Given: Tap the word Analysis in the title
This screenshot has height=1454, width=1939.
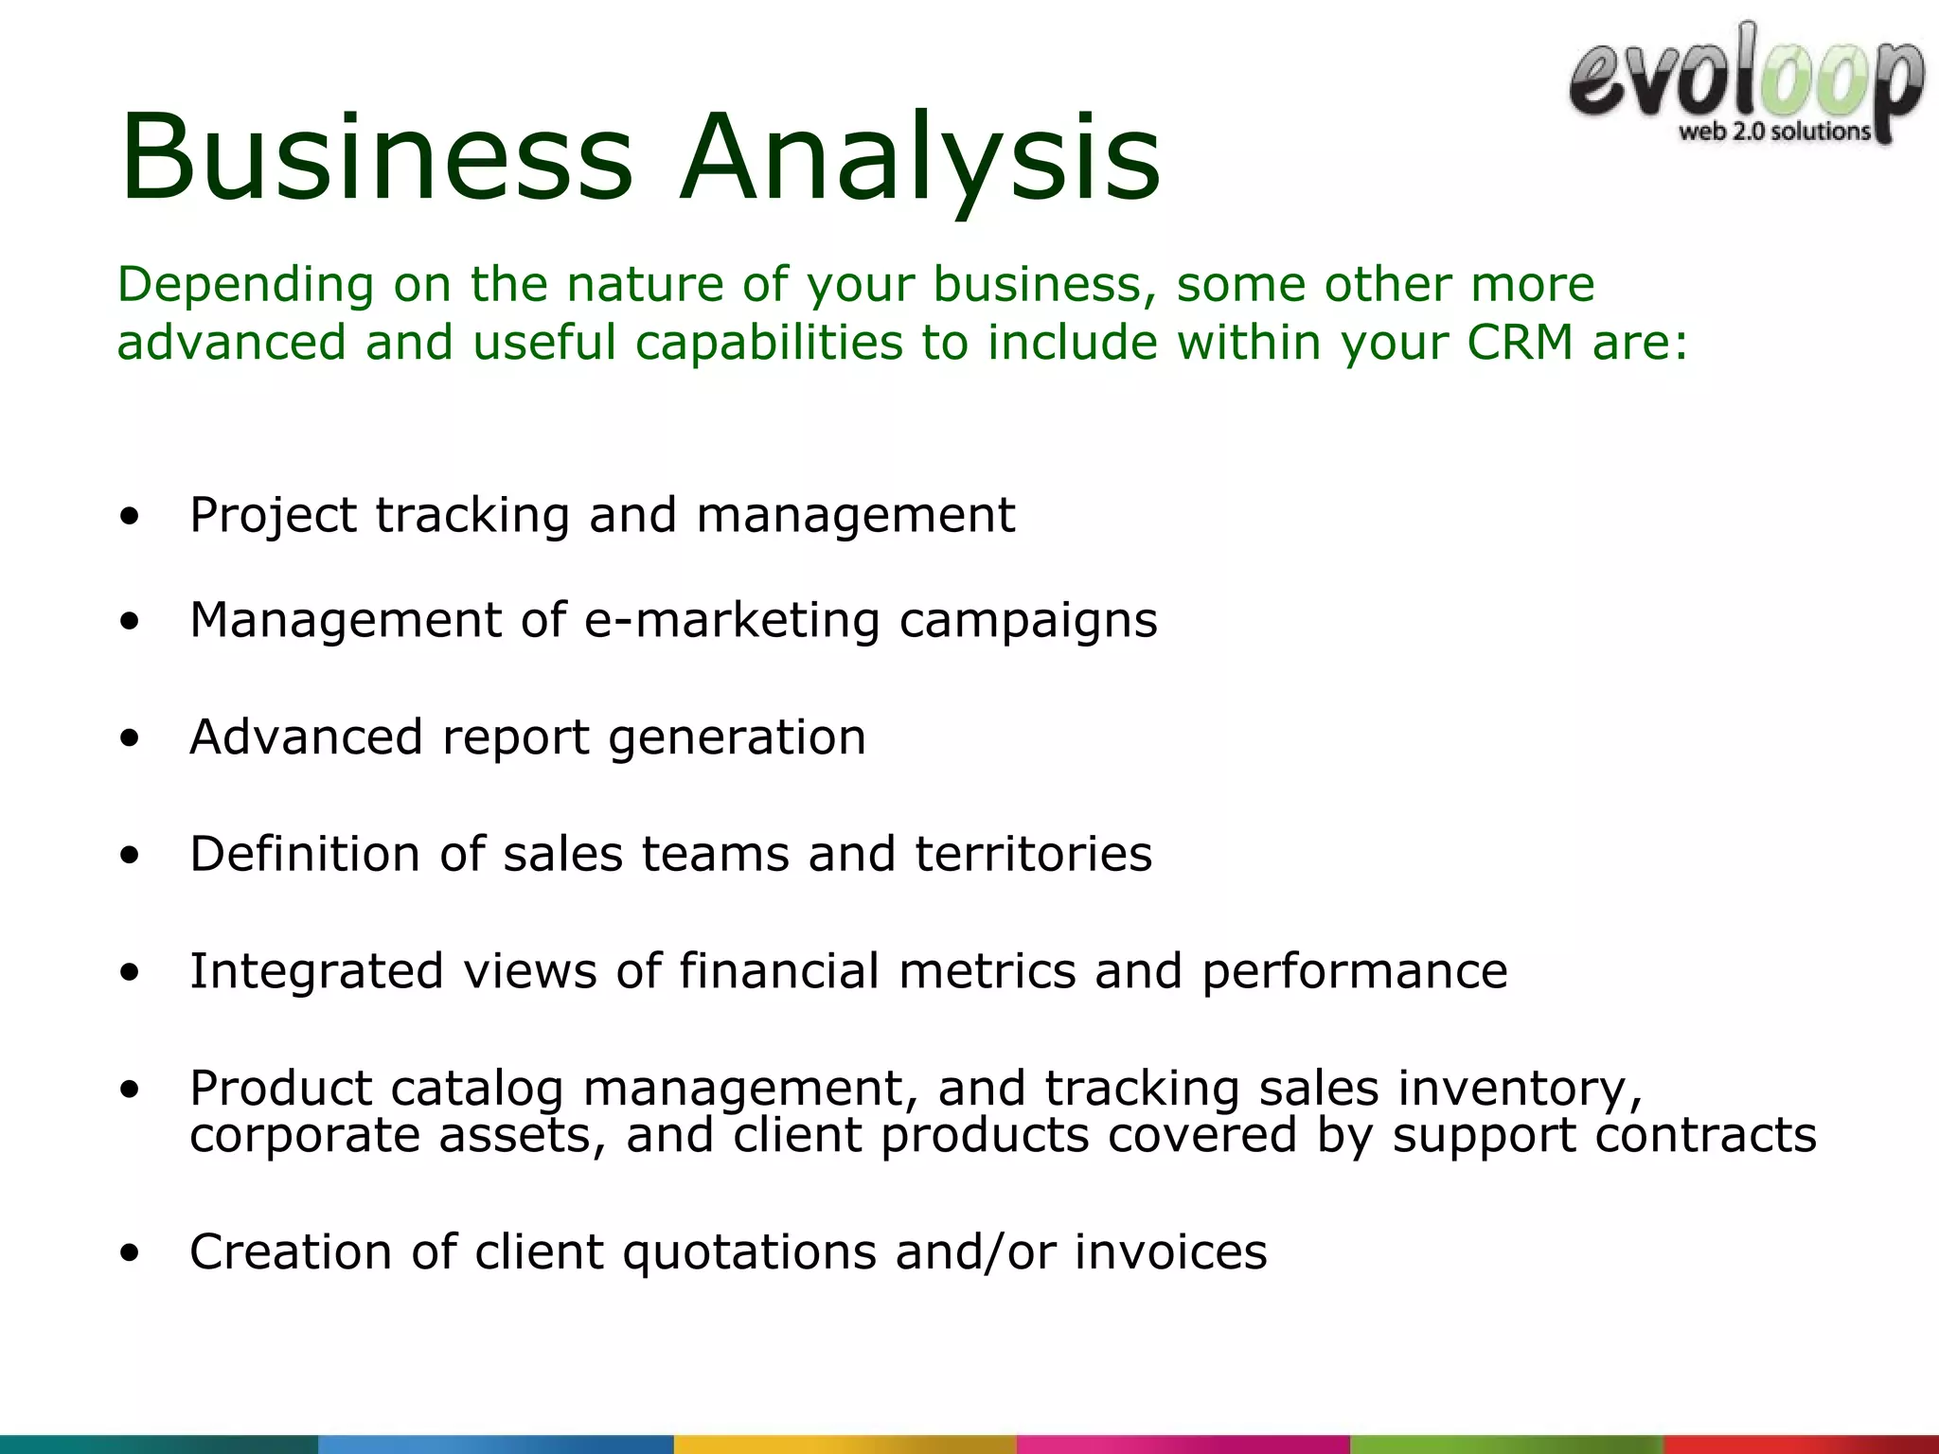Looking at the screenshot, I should point(919,158).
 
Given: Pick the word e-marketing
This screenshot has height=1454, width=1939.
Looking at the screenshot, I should point(732,621).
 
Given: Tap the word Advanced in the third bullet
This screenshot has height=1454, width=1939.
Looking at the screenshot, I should point(306,737).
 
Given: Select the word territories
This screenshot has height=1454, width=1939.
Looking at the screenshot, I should point(1033,854).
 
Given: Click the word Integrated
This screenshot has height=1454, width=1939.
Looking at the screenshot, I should point(316,972).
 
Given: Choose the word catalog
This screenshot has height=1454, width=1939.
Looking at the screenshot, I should point(476,1089).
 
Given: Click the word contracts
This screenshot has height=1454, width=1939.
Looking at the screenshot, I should point(1705,1135).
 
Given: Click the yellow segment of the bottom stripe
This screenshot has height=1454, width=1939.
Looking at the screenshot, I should point(845,1445).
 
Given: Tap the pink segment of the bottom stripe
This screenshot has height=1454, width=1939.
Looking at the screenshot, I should point(1183,1445).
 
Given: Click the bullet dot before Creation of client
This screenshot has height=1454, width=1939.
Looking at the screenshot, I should point(130,1253).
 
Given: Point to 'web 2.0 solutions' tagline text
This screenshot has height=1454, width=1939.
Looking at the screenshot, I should point(1774,132).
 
